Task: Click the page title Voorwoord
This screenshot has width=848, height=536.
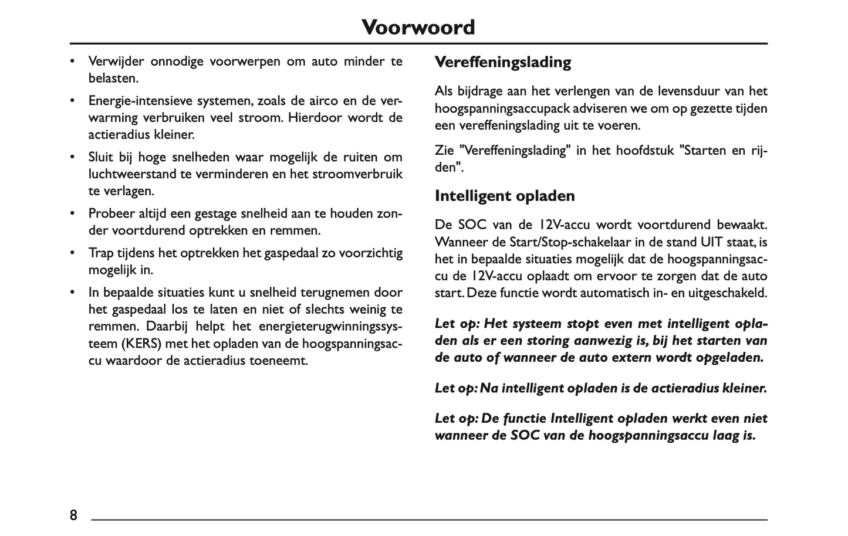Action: coord(418,28)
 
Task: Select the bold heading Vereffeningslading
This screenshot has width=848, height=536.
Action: coord(503,62)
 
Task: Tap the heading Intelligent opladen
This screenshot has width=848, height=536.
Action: coord(505,196)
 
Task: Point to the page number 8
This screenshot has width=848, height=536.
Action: coord(73,515)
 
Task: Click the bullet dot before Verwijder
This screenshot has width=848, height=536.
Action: coord(73,62)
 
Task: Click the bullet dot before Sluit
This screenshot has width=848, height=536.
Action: coord(73,157)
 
